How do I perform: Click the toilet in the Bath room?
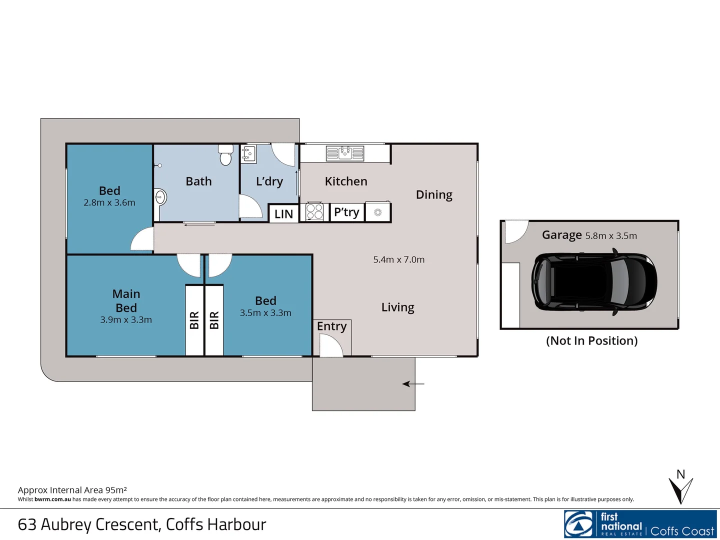[226, 155]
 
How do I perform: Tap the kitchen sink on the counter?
[345, 153]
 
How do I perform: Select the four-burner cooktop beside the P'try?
[314, 212]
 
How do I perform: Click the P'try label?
[346, 212]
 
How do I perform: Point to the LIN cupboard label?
[283, 214]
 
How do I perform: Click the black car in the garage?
[594, 282]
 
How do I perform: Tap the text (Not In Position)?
[591, 341]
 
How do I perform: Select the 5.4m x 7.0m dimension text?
[398, 259]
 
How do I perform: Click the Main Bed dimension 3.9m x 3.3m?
[126, 320]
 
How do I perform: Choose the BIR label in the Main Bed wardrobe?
[194, 320]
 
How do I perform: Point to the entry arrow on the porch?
[413, 384]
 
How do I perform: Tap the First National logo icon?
[579, 524]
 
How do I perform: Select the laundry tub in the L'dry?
[248, 154]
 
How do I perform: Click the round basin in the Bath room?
[160, 197]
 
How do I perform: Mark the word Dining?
[434, 194]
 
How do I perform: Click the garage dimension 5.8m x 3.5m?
[611, 236]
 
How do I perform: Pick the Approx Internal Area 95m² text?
[72, 490]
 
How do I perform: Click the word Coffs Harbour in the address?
[216, 524]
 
